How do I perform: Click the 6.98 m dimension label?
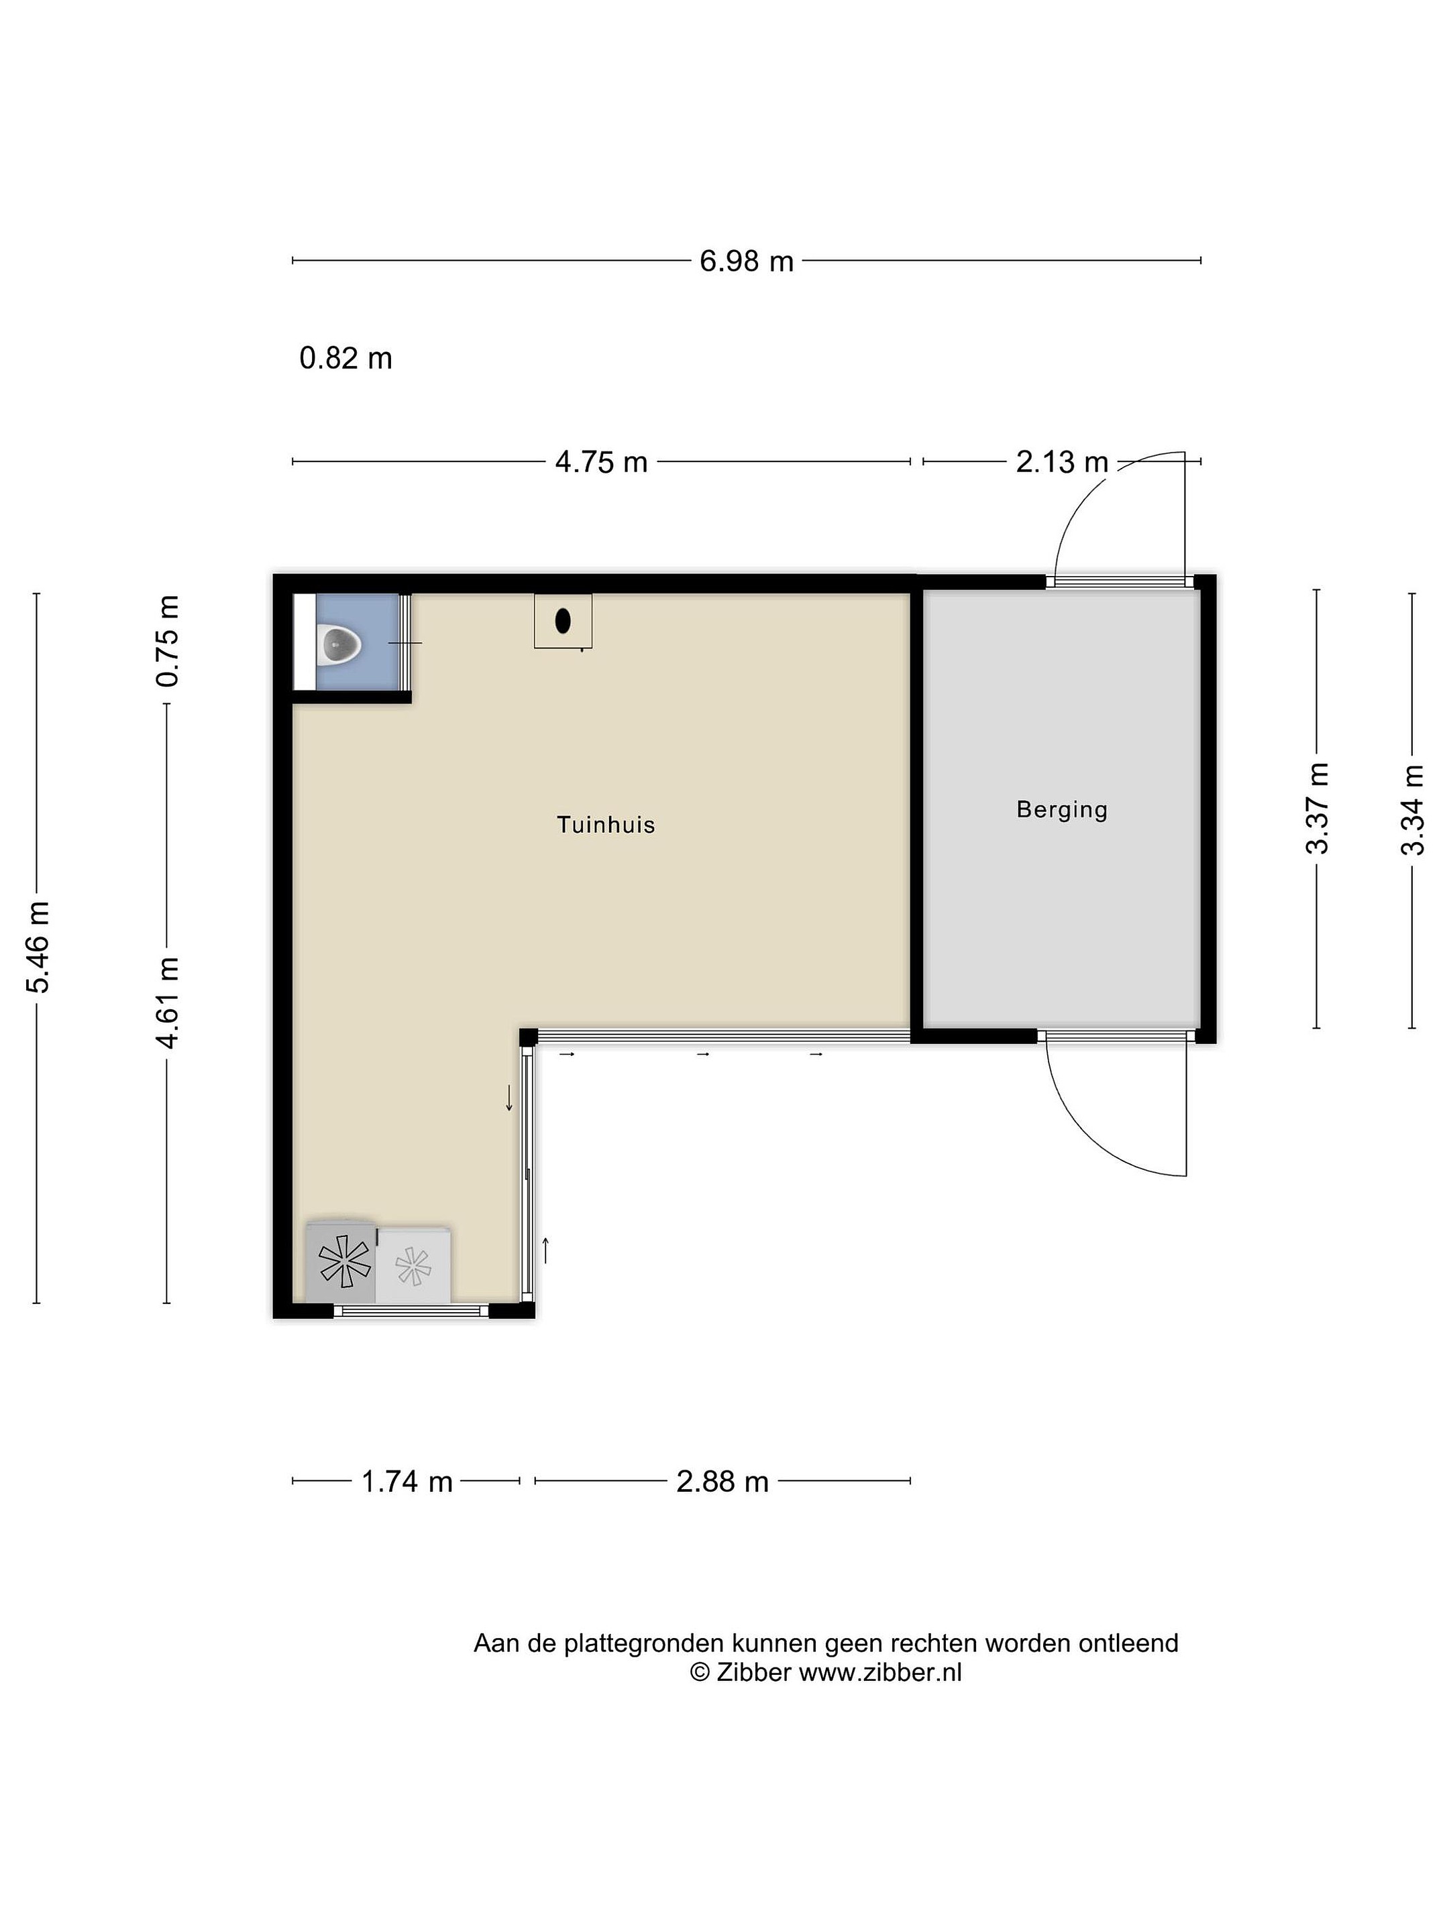coord(746,261)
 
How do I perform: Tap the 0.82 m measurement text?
coord(346,358)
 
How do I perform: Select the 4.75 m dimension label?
coord(601,462)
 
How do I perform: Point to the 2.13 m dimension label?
coord(1061,462)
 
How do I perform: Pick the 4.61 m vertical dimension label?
coord(167,1002)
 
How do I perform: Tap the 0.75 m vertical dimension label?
coord(167,641)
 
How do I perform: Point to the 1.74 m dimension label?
coord(407,1481)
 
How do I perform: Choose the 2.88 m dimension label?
coord(722,1481)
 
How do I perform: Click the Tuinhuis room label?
coord(606,825)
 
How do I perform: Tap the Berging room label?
coord(1062,810)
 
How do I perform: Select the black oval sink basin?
coord(563,621)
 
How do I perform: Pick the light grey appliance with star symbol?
coord(413,1264)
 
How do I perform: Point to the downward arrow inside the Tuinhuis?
coord(509,1098)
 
